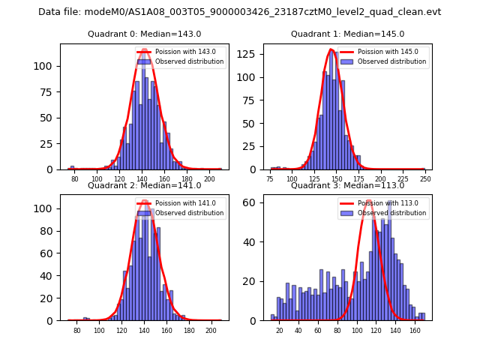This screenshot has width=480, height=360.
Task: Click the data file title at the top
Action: tap(240, 12)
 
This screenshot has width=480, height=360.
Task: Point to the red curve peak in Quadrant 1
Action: tap(331, 50)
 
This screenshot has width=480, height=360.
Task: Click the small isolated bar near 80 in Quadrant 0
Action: tap(72, 167)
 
